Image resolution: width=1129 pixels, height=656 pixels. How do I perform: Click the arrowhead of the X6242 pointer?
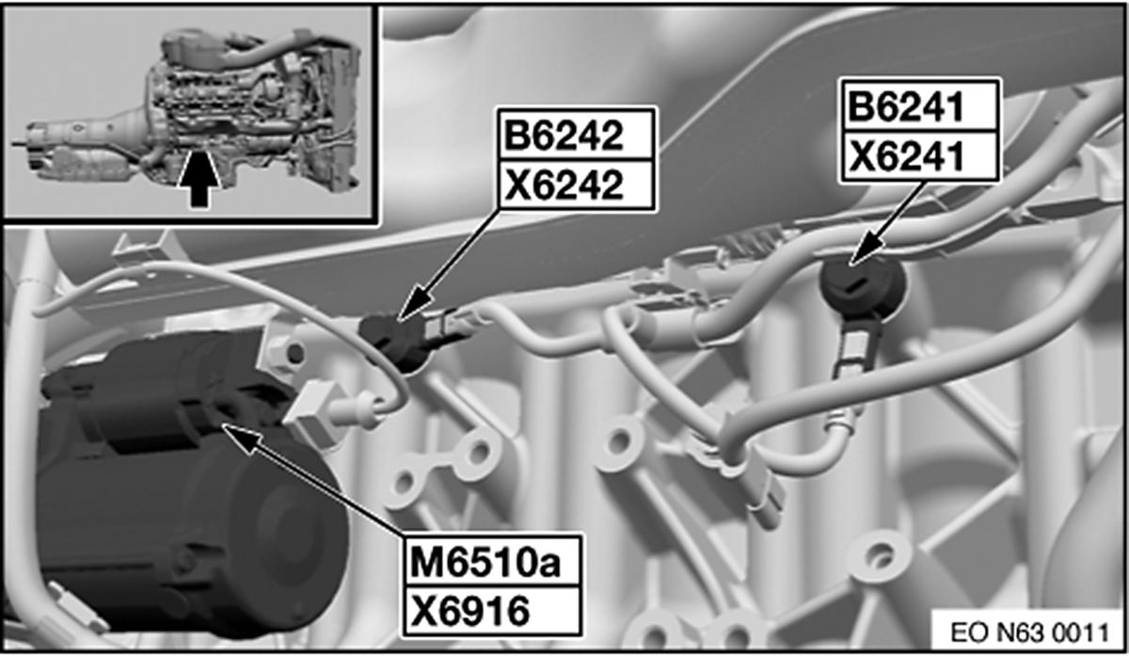[x=399, y=320]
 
